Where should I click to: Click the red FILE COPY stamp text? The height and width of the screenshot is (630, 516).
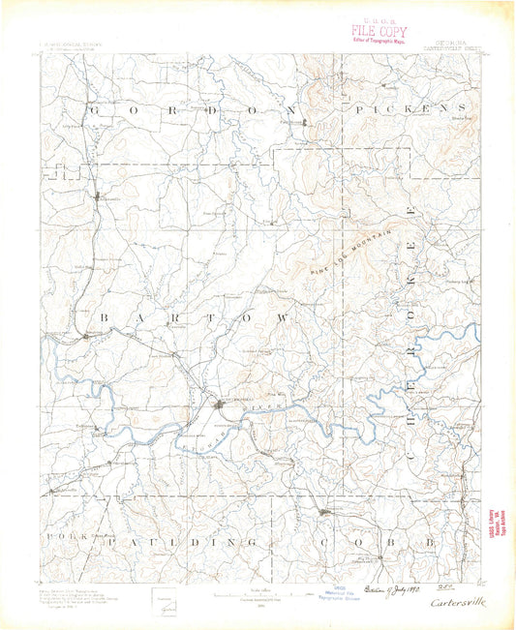pos(380,30)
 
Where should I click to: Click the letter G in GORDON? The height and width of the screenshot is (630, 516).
pos(94,111)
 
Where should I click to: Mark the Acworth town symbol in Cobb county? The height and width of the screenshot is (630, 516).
pos(326,512)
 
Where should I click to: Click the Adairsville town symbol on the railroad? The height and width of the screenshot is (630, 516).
pos(104,198)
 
